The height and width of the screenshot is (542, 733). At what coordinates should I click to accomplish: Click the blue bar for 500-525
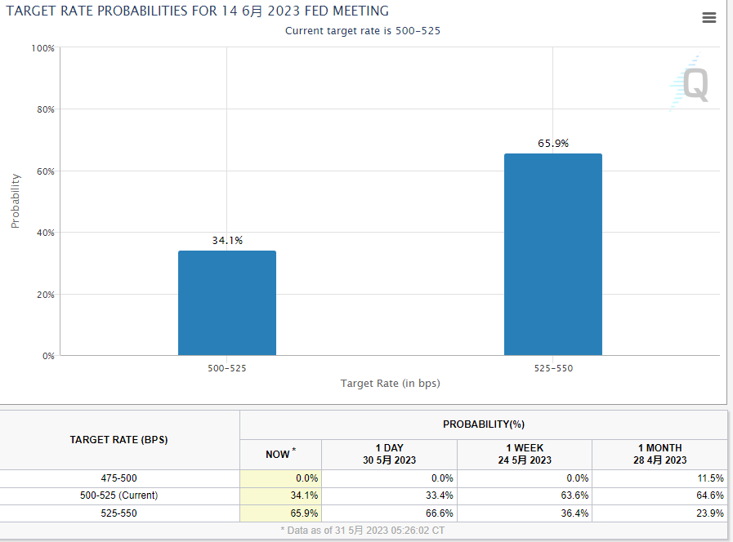[x=226, y=303]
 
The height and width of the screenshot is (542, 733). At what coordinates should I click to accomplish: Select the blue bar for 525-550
[x=552, y=255]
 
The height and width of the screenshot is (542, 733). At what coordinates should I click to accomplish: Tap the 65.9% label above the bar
[x=553, y=144]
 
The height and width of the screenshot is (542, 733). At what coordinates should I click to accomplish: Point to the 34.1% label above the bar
[x=227, y=241]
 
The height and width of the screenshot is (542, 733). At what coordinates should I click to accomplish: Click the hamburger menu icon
[x=708, y=18]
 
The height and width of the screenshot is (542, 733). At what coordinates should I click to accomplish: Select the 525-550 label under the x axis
[x=553, y=368]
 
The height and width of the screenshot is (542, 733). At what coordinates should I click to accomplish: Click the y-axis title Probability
[x=16, y=201]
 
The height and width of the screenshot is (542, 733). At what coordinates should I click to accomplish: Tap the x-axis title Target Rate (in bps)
[x=390, y=384]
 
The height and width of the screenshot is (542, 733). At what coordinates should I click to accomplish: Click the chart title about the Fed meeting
[x=198, y=11]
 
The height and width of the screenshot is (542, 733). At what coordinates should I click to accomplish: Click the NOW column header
[x=280, y=454]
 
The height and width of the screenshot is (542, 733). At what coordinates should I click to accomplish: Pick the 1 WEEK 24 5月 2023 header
[x=524, y=454]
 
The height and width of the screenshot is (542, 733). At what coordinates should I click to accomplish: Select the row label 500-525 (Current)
[x=119, y=495]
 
